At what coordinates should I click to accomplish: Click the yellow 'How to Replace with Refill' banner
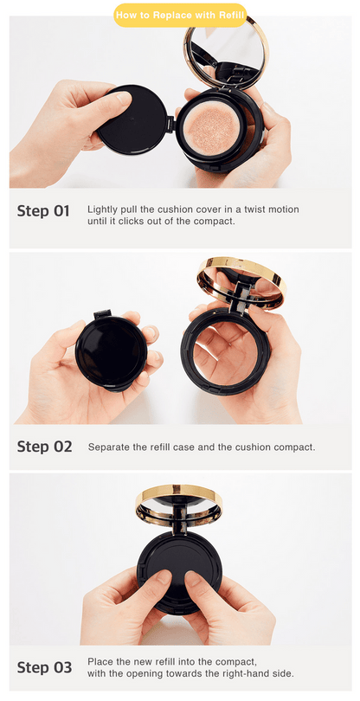(x=180, y=16)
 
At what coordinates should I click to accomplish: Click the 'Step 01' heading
(x=43, y=211)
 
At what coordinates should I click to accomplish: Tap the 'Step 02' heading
(x=44, y=447)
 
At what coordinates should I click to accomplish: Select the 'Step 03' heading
(x=44, y=668)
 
